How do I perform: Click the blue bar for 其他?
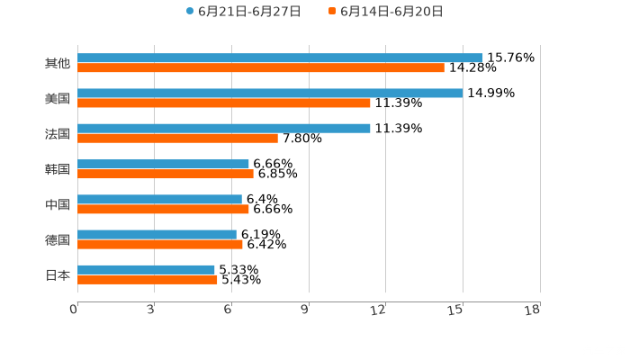coord(280,58)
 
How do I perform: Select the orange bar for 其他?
coord(261,68)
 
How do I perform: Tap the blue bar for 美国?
coord(270,93)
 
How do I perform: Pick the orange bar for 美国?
coord(224,103)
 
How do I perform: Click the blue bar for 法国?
coord(224,128)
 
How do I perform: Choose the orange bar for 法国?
coord(177,139)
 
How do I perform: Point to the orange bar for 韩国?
coord(166,174)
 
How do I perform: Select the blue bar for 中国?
coord(159,199)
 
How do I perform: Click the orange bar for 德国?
coord(160,244)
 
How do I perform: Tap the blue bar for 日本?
coord(146,269)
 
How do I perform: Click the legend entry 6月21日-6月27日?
coord(243,12)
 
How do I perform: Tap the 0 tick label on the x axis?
coord(74,310)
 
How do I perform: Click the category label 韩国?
coord(58,169)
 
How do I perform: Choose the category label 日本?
coord(58,275)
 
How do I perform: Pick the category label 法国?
coord(58,134)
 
